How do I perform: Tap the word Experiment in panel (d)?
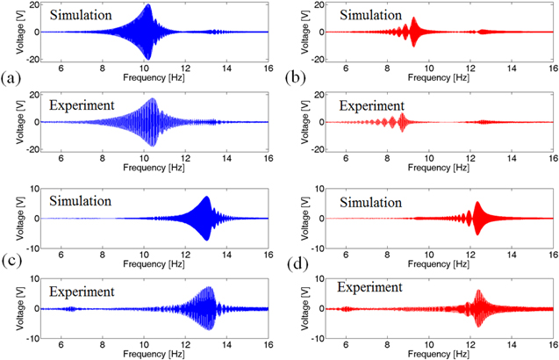tap(369, 286)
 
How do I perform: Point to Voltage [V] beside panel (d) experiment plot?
tap(299, 308)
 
